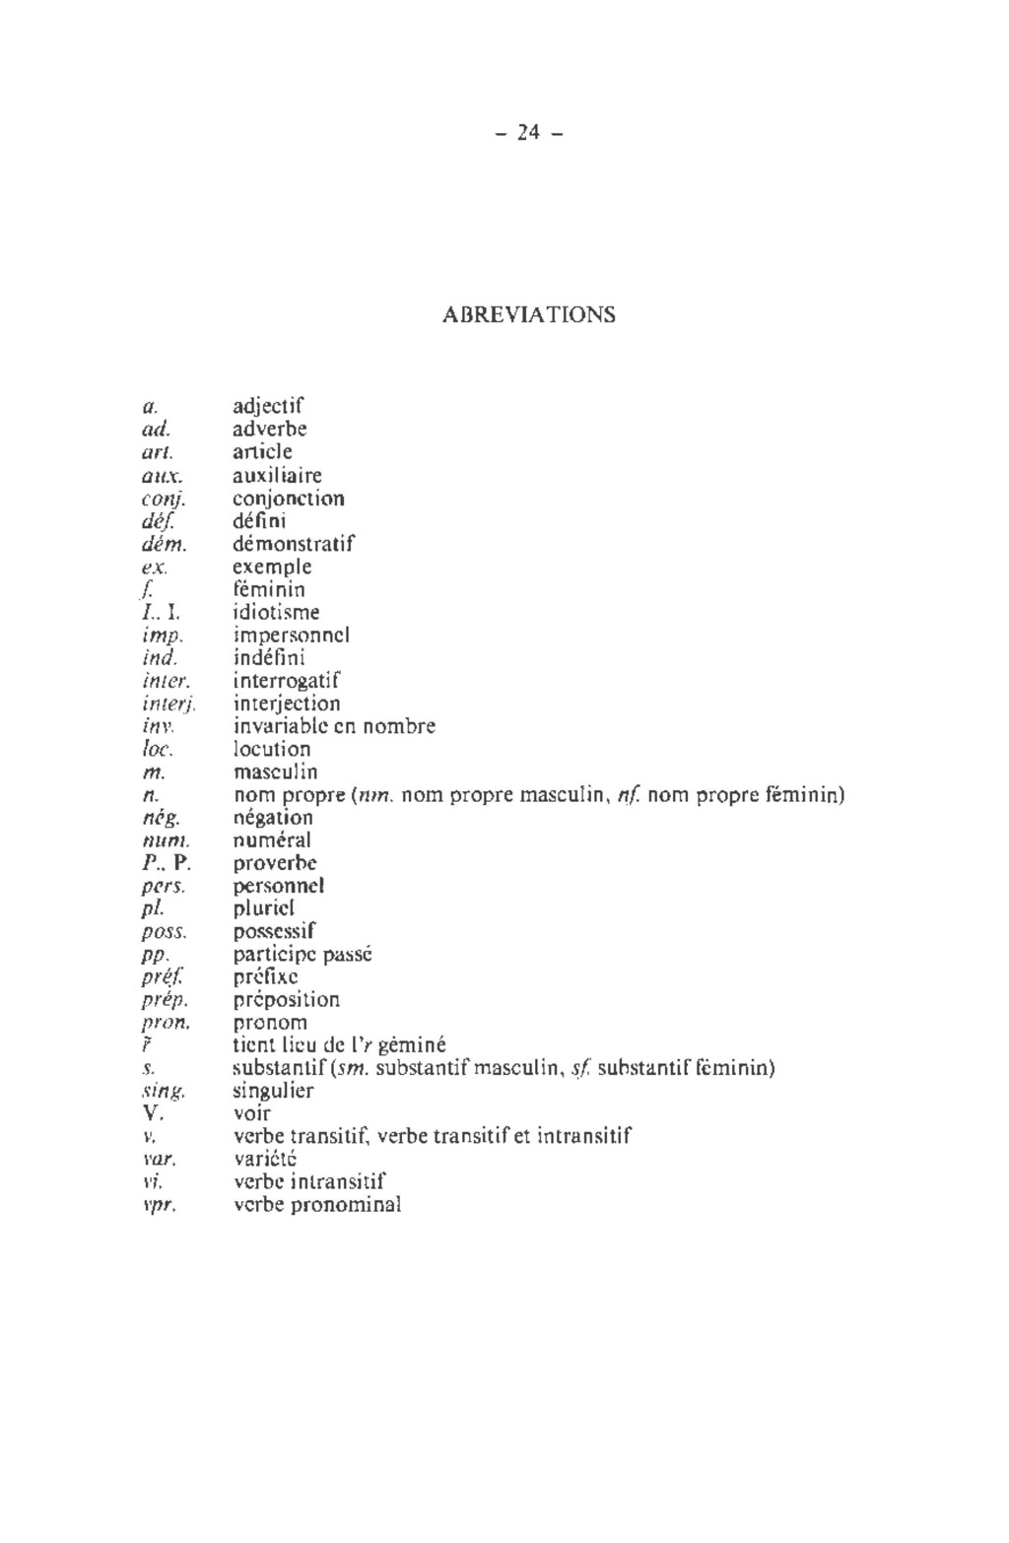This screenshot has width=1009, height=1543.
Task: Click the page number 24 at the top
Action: coord(528,132)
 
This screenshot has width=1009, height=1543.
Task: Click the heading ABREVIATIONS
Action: coord(529,314)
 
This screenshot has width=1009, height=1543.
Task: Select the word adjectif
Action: coord(268,407)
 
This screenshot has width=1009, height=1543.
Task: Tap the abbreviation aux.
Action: coord(160,476)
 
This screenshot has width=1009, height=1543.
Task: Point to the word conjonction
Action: coord(288,499)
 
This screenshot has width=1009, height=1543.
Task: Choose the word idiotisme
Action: coord(276,613)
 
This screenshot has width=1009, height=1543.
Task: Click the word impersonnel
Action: coord(292,636)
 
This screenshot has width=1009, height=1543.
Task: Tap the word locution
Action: coord(271,749)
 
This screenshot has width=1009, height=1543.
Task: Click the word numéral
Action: coord(272,840)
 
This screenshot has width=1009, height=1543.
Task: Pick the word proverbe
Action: coord(275,863)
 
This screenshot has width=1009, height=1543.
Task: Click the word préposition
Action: coord(286,999)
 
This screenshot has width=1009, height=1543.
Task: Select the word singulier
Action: coord(273,1091)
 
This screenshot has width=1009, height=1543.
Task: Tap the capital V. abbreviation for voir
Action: coord(152,1113)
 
